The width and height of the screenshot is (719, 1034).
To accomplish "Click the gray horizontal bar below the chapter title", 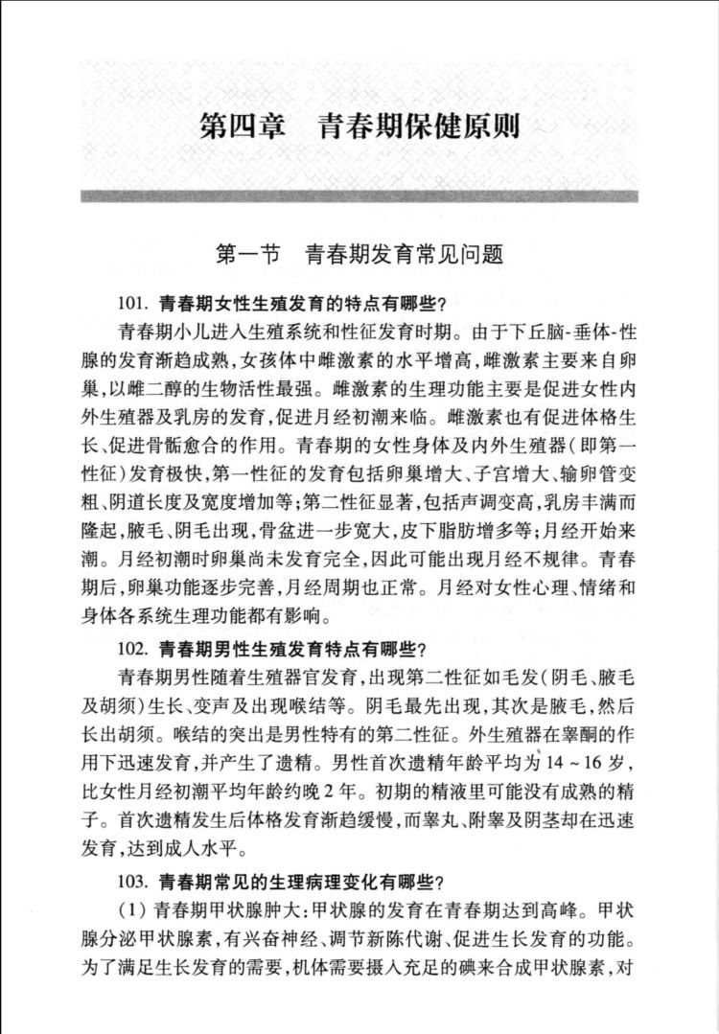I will click(359, 196).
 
